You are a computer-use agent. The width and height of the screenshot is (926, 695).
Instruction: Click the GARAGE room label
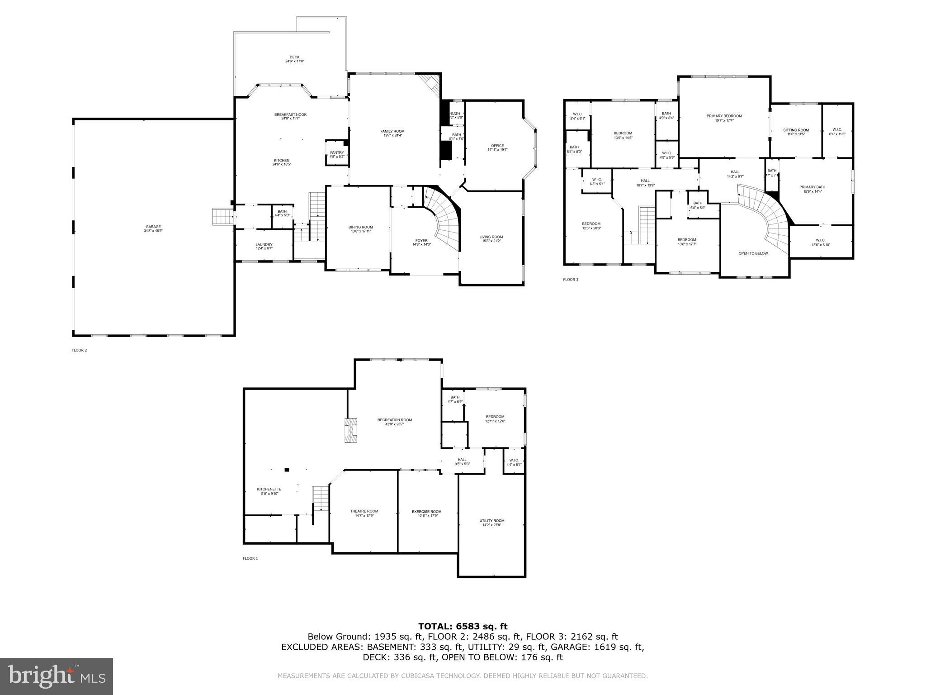(153, 227)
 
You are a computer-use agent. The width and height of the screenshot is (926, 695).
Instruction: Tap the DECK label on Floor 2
(294, 57)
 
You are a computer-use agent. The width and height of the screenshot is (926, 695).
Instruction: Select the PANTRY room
(337, 153)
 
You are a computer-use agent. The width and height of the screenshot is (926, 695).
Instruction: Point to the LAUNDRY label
(264, 244)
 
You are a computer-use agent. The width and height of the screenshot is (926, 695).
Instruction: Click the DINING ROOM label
(360, 227)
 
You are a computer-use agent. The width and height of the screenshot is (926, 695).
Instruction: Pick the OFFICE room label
(497, 146)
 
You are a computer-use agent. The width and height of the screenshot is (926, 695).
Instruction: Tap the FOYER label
(421, 241)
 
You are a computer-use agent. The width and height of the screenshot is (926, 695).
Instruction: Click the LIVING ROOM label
(491, 237)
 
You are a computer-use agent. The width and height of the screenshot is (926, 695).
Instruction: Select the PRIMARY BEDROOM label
(724, 116)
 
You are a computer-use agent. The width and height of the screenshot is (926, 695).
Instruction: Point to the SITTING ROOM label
(796, 130)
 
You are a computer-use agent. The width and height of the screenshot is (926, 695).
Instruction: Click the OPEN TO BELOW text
(753, 253)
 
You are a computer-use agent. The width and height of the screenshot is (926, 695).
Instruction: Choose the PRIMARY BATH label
(812, 187)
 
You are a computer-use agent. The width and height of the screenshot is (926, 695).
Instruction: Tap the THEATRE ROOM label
(364, 511)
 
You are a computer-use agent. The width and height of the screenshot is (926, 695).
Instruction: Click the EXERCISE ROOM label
(426, 512)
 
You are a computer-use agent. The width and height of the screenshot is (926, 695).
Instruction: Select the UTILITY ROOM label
(492, 521)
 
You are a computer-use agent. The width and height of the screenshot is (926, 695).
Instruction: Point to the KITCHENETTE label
(269, 489)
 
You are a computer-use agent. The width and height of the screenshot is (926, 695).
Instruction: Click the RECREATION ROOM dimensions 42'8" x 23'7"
(394, 424)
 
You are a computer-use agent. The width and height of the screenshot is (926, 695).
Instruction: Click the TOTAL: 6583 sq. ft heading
(463, 626)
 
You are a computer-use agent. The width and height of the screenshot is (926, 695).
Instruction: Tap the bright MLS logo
(57, 676)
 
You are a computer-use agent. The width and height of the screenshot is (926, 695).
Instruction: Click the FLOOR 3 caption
(570, 280)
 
